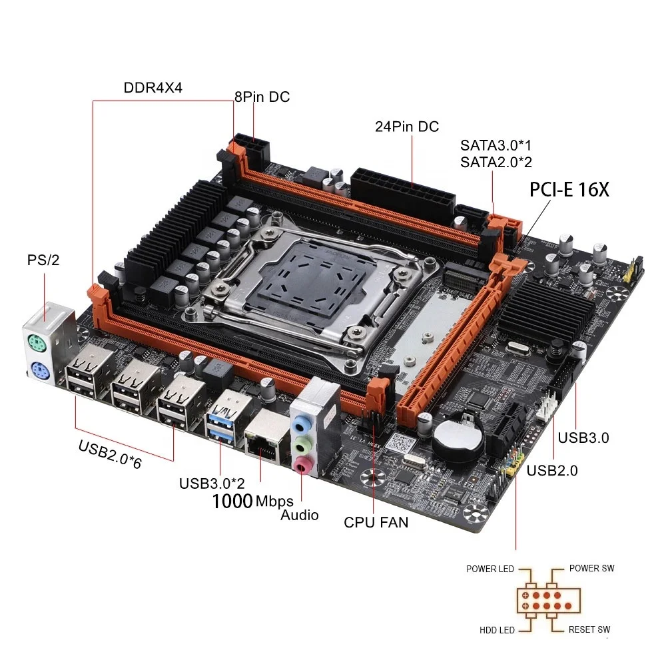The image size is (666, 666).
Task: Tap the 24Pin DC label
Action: pyautogui.click(x=407, y=127)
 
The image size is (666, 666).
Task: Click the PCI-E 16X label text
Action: pyautogui.click(x=569, y=190)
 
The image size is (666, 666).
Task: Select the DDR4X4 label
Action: pyautogui.click(x=153, y=89)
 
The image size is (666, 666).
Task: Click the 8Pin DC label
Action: pyautogui.click(x=262, y=97)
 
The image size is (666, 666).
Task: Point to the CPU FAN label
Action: pyautogui.click(x=376, y=522)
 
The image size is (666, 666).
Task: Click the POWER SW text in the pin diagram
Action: pyautogui.click(x=591, y=568)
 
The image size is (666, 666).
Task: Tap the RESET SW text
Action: pyautogui.click(x=589, y=629)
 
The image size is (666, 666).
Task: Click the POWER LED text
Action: pyautogui.click(x=490, y=569)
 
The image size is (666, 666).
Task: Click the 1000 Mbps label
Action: pyautogui.click(x=253, y=501)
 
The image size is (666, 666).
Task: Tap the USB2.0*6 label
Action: pyautogui.click(x=110, y=456)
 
